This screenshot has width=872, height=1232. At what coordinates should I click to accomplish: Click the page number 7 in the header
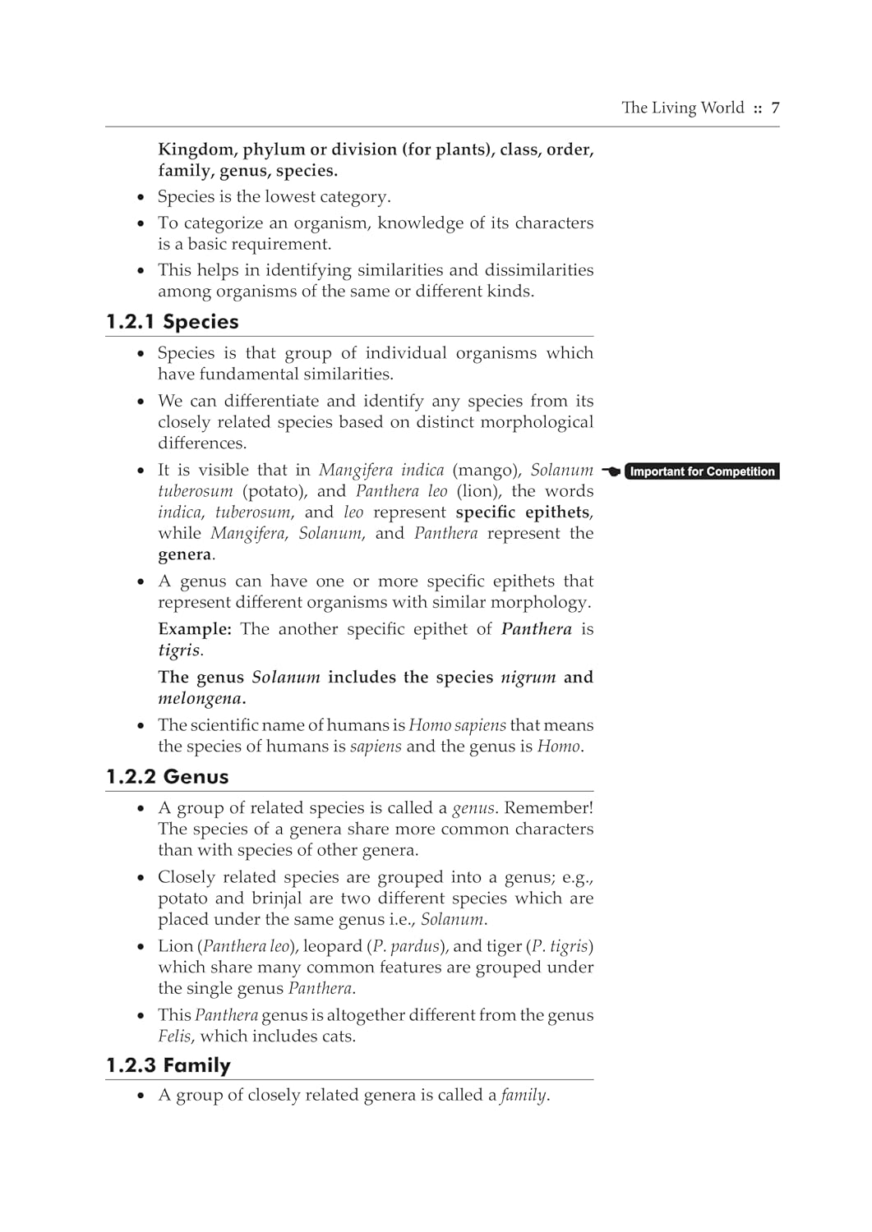[x=775, y=108]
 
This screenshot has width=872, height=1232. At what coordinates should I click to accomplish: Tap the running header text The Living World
[x=682, y=108]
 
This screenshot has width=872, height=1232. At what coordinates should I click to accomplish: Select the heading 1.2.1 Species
[x=173, y=321]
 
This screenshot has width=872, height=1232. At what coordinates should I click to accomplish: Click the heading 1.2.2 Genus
[x=168, y=776]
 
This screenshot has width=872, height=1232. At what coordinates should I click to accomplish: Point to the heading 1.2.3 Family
[x=168, y=1065]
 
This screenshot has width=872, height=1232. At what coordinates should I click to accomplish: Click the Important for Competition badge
[x=702, y=471]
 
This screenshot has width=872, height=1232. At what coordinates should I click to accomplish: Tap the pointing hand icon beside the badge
[x=611, y=471]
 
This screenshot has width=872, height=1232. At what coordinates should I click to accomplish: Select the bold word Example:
[x=195, y=629]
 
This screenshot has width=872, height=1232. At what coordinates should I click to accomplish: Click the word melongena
[x=201, y=699]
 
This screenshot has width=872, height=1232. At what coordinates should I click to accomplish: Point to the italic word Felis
[x=174, y=1037]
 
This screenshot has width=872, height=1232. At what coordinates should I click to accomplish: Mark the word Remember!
[x=548, y=808]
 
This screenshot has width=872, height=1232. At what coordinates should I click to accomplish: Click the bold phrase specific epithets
[x=523, y=513]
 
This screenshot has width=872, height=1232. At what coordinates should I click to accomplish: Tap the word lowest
[x=289, y=197]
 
